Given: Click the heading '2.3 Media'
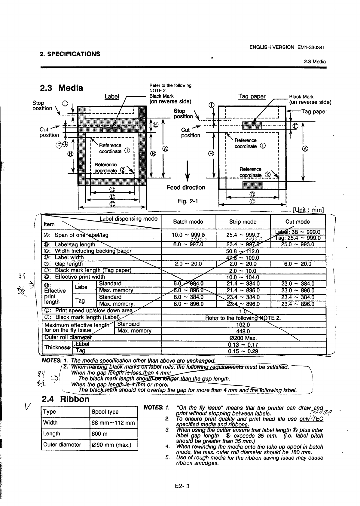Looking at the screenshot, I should click(62, 88).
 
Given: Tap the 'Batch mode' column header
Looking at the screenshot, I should click(188, 222).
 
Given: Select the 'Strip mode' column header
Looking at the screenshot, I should click(243, 222).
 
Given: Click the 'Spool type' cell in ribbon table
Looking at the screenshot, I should click(105, 412).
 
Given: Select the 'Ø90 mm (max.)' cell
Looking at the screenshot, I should click(111, 445).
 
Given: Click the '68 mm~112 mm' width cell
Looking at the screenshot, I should click(113, 423).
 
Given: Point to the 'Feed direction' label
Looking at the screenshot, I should click(186, 188).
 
